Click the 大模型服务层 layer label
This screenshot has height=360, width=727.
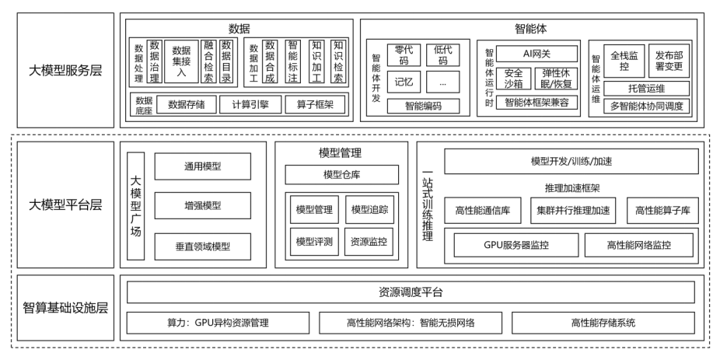(x=65, y=71)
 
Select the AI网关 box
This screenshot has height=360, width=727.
(x=537, y=54)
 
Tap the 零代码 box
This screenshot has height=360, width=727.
(x=404, y=55)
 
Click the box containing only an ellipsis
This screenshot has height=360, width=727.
(x=442, y=82)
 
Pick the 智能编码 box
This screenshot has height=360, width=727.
(x=423, y=107)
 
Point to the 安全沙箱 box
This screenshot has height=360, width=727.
(x=513, y=79)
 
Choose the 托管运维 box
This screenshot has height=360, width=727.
(x=646, y=89)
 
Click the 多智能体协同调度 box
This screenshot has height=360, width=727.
(x=646, y=107)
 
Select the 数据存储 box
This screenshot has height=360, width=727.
(x=187, y=104)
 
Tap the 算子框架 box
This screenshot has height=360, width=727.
(x=315, y=104)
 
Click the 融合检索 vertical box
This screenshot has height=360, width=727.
(x=209, y=61)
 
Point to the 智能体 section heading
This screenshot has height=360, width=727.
(x=531, y=29)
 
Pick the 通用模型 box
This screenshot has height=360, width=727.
(x=203, y=166)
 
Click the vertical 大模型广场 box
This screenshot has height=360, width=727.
(x=136, y=205)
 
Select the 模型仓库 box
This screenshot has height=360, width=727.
(x=341, y=175)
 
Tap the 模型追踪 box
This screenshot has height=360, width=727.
(x=369, y=210)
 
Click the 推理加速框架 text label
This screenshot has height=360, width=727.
(x=572, y=188)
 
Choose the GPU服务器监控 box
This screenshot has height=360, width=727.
(x=516, y=245)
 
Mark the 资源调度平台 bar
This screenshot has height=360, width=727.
(x=411, y=292)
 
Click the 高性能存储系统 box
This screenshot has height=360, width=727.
(x=603, y=323)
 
